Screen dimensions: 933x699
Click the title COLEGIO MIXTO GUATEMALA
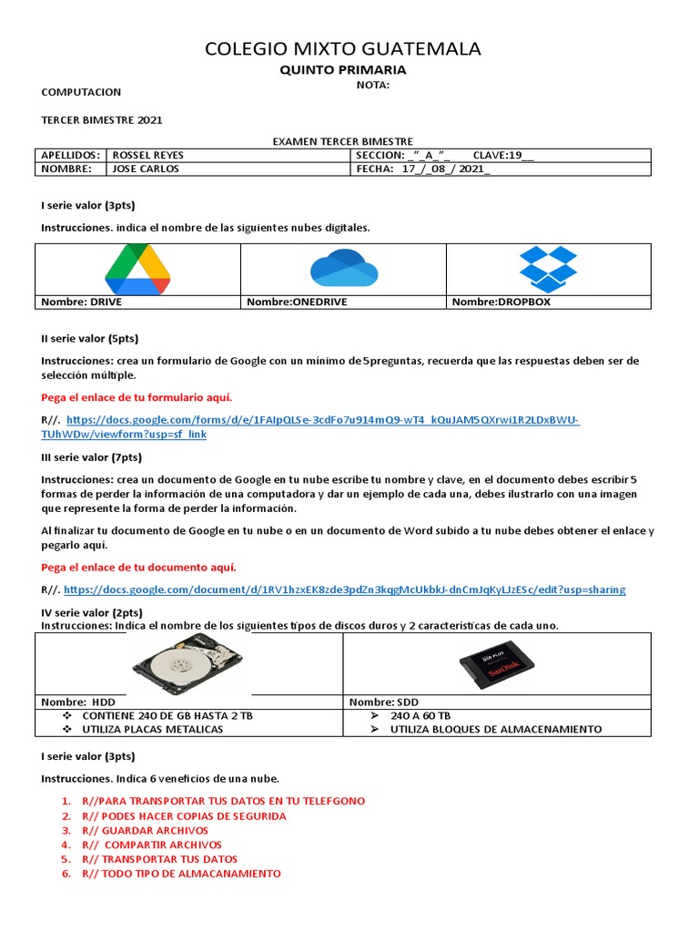point(343,48)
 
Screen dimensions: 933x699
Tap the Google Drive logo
point(137,270)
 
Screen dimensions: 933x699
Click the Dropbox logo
point(548,269)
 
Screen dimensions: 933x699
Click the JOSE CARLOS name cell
point(146,169)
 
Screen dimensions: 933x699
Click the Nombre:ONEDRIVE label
point(297,302)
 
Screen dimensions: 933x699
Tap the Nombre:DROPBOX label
point(501,302)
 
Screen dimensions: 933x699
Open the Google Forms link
point(323,420)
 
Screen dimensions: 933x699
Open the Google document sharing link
point(345,590)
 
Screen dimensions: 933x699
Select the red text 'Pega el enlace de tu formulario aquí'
point(137,397)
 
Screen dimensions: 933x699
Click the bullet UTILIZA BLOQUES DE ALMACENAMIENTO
point(496,729)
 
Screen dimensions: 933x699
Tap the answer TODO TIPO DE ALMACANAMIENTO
point(181,873)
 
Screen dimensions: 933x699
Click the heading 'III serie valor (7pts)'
point(91,456)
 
